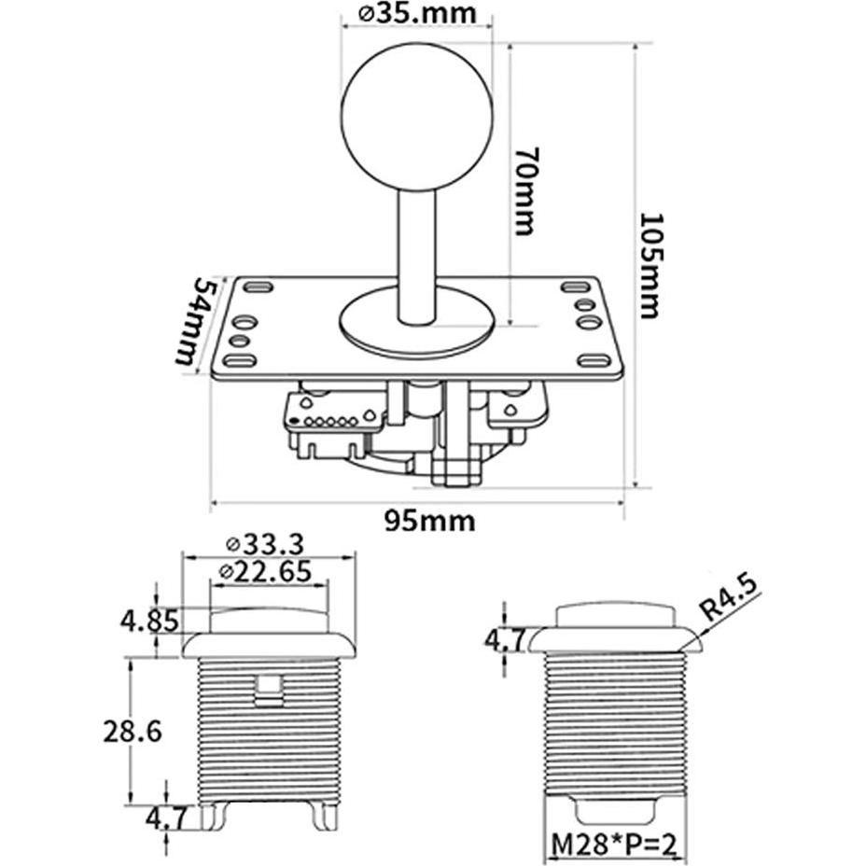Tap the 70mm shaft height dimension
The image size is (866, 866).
(524, 191)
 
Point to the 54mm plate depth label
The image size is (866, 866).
(198, 322)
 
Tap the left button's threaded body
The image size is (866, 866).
(269, 728)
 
